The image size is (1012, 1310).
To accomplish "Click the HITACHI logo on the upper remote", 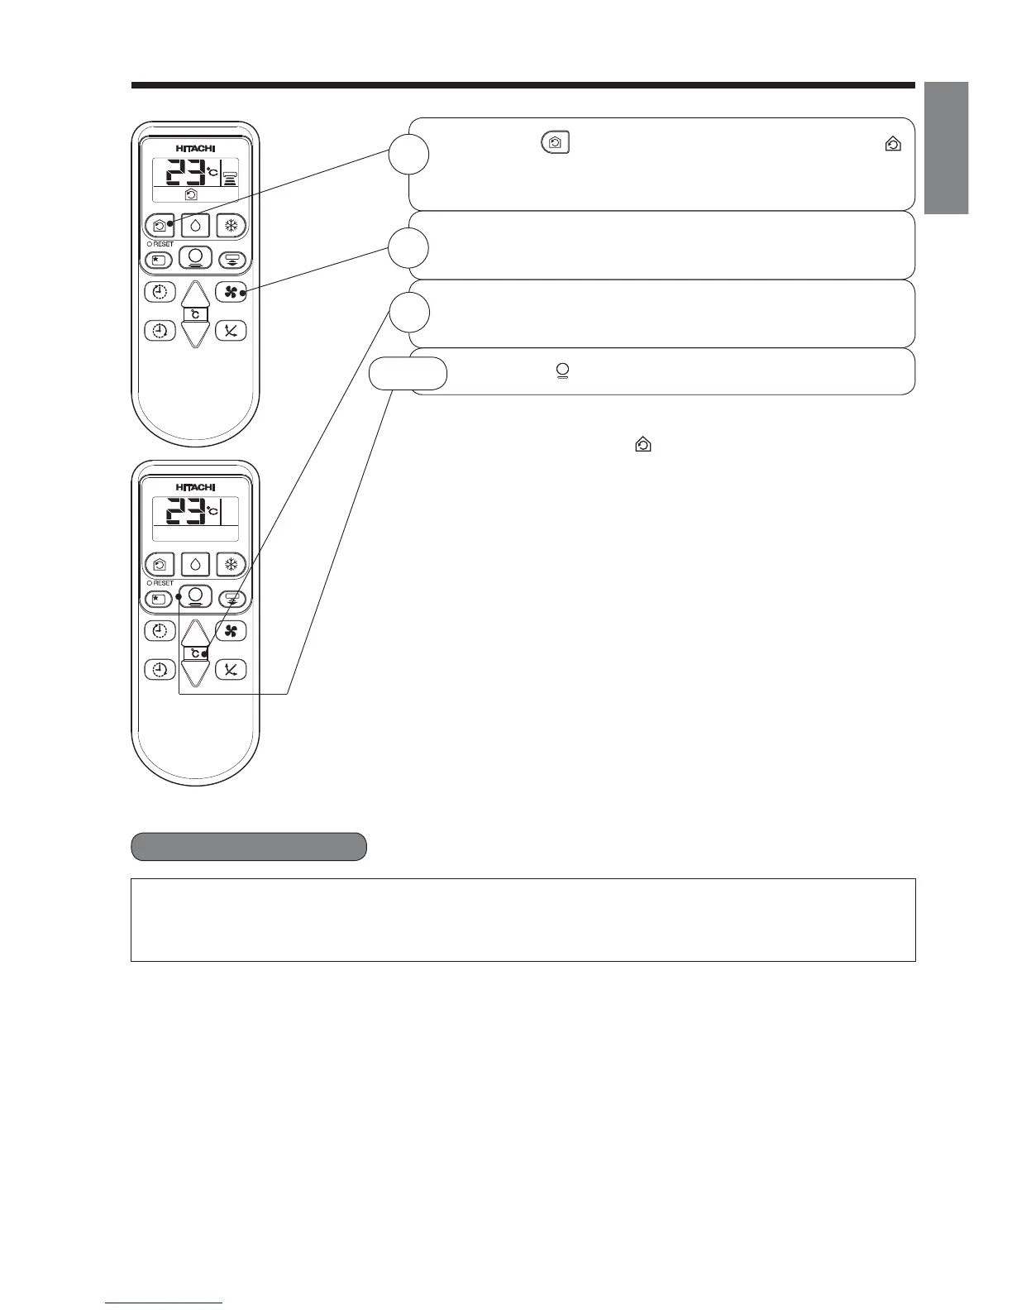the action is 195,147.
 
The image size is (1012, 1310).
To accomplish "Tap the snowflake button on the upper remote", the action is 231,226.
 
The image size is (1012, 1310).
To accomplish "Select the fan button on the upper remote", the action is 231,292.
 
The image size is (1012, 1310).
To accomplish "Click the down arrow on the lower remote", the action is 195,672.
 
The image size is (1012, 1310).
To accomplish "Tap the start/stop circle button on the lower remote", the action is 195,595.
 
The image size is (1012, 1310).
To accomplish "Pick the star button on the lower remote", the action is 160,598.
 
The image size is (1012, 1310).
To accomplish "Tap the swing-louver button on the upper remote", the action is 231,260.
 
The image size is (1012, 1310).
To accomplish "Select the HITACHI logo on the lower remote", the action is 195,486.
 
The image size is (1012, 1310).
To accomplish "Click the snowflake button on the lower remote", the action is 231,565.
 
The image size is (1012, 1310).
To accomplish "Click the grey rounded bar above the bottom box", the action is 249,847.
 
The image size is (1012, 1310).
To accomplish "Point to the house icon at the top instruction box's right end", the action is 893,145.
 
